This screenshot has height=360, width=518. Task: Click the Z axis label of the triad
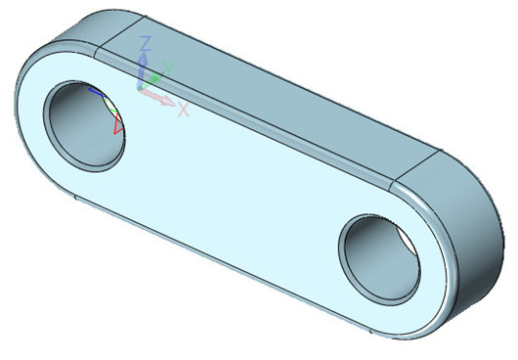tap(145, 43)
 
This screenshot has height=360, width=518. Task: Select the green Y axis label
tap(168, 67)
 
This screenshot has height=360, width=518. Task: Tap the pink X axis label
tap(183, 110)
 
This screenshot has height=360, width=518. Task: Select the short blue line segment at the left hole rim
tap(94, 90)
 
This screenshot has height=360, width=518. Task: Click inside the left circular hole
tap(88, 122)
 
